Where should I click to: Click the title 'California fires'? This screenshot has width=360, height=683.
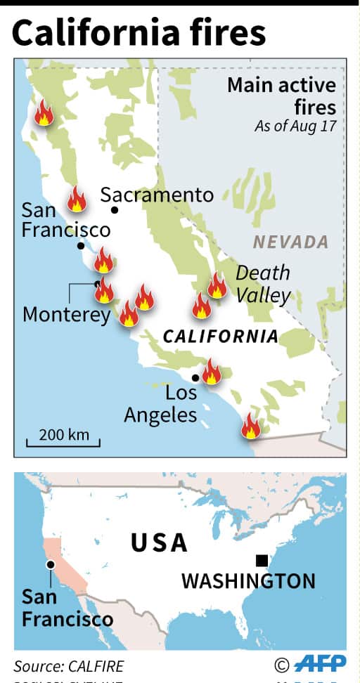pyautogui.click(x=139, y=33)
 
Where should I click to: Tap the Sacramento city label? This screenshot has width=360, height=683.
pyautogui.click(x=156, y=195)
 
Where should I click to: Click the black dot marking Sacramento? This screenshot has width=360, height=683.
pyautogui.click(x=115, y=210)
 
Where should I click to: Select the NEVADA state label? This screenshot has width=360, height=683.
pyautogui.click(x=290, y=242)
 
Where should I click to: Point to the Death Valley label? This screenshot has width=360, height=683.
pyautogui.click(x=262, y=284)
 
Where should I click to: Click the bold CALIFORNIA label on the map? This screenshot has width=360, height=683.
pyautogui.click(x=220, y=336)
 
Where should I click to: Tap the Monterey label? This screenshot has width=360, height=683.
pyautogui.click(x=67, y=314)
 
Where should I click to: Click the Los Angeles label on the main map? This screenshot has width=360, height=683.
pyautogui.click(x=160, y=403)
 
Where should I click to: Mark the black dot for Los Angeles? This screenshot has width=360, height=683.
pyautogui.click(x=195, y=378)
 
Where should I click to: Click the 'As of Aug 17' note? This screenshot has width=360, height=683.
pyautogui.click(x=295, y=126)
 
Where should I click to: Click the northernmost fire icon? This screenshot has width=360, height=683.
pyautogui.click(x=44, y=112)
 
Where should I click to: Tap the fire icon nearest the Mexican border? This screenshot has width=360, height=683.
pyautogui.click(x=250, y=426)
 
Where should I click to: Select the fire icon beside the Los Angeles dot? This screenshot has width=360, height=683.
pyautogui.click(x=212, y=372)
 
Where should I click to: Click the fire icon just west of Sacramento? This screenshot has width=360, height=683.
pyautogui.click(x=77, y=200)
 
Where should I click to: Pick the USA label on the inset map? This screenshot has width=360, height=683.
pyautogui.click(x=159, y=542)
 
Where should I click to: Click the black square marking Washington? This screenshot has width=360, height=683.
pyautogui.click(x=262, y=560)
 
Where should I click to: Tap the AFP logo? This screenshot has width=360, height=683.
pyautogui.click(x=319, y=665)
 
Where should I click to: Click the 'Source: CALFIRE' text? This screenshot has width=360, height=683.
pyautogui.click(x=68, y=666)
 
